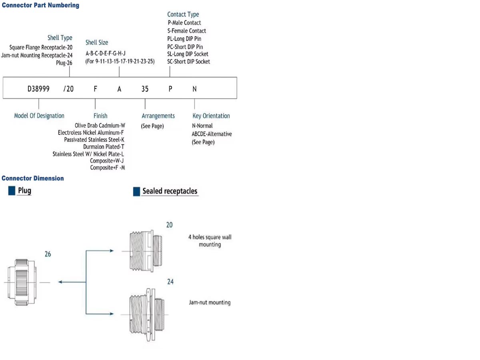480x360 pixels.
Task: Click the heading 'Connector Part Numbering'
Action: click(x=40, y=5)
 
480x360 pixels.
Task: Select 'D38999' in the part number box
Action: click(x=38, y=89)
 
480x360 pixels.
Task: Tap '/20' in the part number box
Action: click(x=68, y=89)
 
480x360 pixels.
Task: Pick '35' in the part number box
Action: click(x=145, y=89)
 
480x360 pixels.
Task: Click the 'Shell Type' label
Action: click(x=60, y=38)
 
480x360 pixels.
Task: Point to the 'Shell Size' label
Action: click(x=97, y=42)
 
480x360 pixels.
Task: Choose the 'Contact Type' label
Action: click(x=183, y=14)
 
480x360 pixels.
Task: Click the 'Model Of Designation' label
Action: click(x=39, y=116)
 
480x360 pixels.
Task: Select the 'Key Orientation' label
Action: click(x=211, y=116)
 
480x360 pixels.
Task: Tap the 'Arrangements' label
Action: click(x=158, y=116)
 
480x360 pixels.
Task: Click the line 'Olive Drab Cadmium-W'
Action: click(x=100, y=126)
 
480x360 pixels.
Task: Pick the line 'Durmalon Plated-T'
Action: click(x=104, y=147)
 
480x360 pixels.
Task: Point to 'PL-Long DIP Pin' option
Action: click(x=184, y=39)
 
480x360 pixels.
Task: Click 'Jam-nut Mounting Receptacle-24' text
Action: click(x=37, y=55)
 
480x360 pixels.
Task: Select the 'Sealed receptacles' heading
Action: click(x=170, y=191)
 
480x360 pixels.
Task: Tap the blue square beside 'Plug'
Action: click(x=12, y=191)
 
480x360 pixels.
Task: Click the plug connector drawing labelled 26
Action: click(x=22, y=282)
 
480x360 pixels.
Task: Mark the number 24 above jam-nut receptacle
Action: click(x=170, y=282)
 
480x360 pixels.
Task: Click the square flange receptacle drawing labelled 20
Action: click(x=146, y=251)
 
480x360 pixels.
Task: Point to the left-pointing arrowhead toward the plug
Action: click(x=60, y=282)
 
